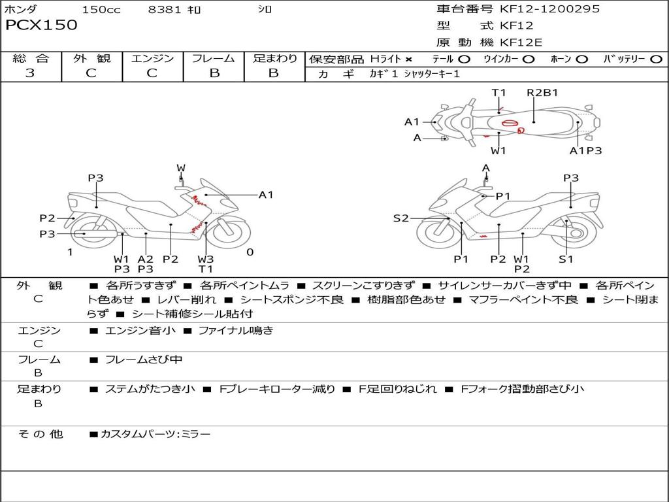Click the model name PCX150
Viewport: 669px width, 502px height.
click(41, 25)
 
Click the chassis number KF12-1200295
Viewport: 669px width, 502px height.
click(549, 9)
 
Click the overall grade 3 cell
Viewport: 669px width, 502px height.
click(30, 73)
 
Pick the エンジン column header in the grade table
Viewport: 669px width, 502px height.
click(152, 58)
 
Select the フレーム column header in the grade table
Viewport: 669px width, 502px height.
click(214, 58)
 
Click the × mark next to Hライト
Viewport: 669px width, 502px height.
click(408, 59)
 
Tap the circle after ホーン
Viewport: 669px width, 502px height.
click(582, 59)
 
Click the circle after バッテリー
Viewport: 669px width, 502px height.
click(656, 59)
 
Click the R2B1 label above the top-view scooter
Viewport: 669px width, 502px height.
click(542, 92)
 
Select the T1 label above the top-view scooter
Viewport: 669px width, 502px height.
click(499, 92)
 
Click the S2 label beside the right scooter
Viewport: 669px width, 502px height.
click(400, 218)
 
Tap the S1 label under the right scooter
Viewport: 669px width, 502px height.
click(566, 259)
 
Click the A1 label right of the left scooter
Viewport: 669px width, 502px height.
click(266, 194)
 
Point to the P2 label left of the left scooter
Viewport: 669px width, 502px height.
click(47, 218)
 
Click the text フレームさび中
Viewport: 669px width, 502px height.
click(144, 360)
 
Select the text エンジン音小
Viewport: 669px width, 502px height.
click(140, 331)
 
